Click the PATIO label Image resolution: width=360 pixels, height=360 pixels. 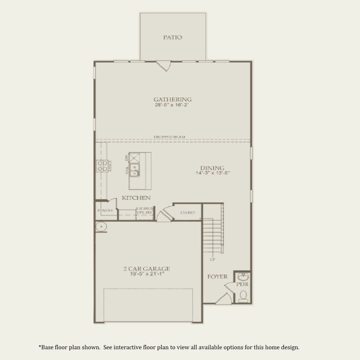click(x=172, y=38)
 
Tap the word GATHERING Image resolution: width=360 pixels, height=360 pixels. click(x=172, y=99)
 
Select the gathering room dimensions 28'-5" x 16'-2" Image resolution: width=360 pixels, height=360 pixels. click(x=172, y=105)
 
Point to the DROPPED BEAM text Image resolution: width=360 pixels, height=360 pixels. click(x=169, y=137)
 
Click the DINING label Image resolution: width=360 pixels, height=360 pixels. click(x=212, y=168)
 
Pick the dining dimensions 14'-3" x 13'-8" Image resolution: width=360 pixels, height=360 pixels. click(x=212, y=173)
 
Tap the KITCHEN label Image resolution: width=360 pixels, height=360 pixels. click(x=136, y=198)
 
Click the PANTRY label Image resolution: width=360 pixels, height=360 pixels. click(x=105, y=211)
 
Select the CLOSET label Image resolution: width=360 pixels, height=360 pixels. click(x=188, y=213)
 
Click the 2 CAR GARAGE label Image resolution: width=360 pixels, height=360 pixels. click(x=147, y=269)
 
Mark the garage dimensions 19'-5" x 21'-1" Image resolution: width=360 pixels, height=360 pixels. click(x=147, y=274)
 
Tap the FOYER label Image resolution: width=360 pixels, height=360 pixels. click(x=217, y=277)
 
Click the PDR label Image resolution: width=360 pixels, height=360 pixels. click(x=242, y=285)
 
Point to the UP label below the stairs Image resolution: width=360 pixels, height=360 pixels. click(x=213, y=260)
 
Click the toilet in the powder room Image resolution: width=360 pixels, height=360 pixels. click(x=243, y=295)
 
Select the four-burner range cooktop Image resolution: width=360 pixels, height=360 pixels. click(x=102, y=166)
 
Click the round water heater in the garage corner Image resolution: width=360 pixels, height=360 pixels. click(x=101, y=226)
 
